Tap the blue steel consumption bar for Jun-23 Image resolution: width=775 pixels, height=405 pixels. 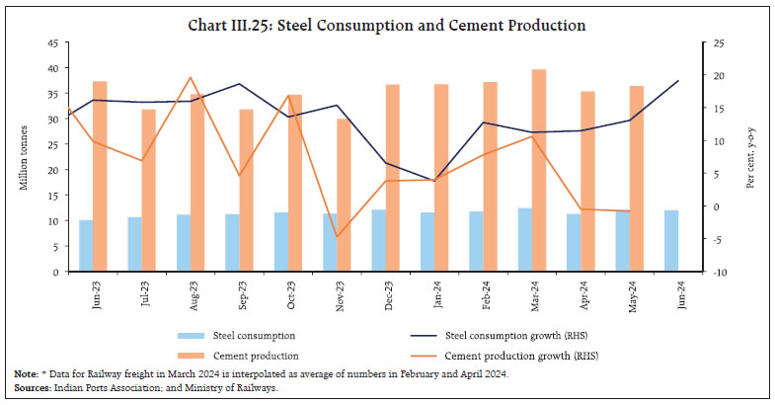coord(86,245)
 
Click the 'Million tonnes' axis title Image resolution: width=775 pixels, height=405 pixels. coord(24,158)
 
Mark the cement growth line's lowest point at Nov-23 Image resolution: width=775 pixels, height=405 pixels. coord(337,237)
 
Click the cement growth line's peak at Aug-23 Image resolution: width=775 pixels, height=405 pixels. coord(191,77)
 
